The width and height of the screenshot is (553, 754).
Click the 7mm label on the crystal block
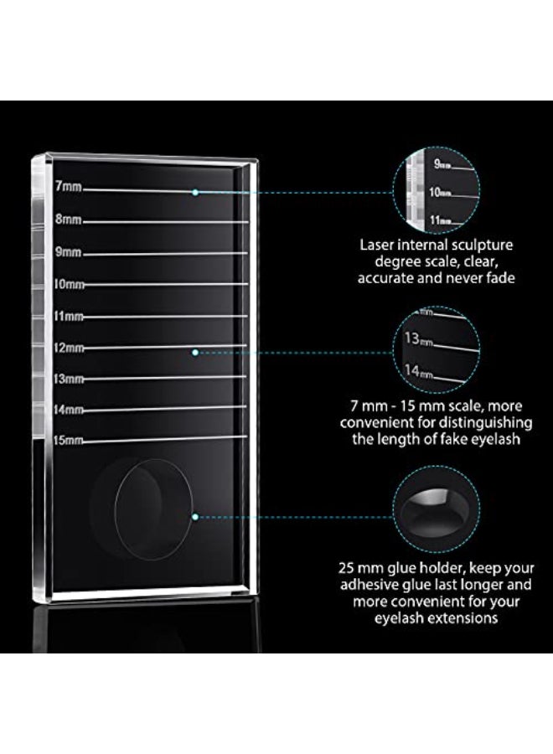pos(68,186)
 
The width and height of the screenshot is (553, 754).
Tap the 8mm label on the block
pos(68,219)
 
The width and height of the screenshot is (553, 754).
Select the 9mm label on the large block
pos(68,251)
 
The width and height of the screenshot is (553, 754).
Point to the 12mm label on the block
pos(69,347)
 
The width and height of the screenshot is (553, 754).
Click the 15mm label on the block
pos(68,440)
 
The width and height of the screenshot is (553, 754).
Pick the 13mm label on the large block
pos(69,379)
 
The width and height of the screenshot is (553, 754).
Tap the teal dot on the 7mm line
pos(195,193)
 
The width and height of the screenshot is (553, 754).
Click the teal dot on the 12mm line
pos(195,353)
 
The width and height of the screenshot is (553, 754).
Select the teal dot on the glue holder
pos(195,517)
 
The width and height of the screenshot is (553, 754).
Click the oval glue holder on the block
pos(116,509)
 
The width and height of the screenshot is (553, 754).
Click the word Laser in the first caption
pos(376,245)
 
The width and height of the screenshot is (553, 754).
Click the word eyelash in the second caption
pos(496,439)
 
